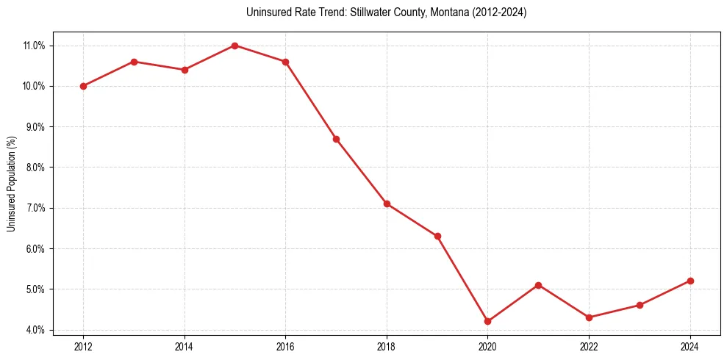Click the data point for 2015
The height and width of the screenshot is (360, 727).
(x=234, y=46)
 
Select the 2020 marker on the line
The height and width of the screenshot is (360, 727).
(x=487, y=321)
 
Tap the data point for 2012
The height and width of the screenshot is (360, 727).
(x=83, y=86)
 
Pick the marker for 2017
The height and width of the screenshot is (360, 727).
(x=336, y=139)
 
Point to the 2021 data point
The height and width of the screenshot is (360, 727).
(x=538, y=285)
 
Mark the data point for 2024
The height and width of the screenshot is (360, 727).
(x=690, y=281)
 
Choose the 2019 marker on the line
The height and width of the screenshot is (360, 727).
(x=437, y=236)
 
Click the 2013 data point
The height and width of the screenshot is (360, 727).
(x=134, y=62)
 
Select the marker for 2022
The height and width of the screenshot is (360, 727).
(x=589, y=317)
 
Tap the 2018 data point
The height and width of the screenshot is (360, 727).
(x=387, y=204)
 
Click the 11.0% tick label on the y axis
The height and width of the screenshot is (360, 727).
(x=35, y=46)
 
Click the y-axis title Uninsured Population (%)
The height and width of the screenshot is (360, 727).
(x=11, y=184)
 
